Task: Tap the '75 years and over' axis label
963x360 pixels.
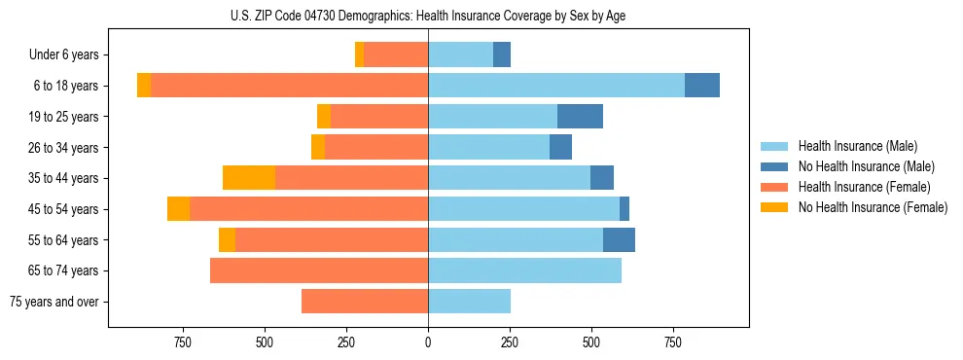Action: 54,302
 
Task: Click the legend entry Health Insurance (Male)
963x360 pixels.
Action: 857,146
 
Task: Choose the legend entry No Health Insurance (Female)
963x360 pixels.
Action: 873,207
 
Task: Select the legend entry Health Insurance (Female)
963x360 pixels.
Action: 864,187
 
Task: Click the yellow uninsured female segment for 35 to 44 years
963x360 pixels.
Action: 249,178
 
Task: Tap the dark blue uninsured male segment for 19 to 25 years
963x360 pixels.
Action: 580,117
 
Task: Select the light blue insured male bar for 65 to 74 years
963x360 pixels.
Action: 524,270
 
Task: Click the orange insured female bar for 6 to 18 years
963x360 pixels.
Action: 289,86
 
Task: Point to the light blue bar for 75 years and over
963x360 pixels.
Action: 469,302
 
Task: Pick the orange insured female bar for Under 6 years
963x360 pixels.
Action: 396,55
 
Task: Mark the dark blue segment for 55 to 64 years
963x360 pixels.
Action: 619,239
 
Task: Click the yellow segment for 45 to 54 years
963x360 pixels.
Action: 178,209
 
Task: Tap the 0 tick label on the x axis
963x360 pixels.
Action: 428,342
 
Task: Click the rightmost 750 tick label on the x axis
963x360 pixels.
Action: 673,342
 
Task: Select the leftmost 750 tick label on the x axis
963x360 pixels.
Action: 182,342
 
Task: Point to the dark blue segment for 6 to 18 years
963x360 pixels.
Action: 702,86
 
